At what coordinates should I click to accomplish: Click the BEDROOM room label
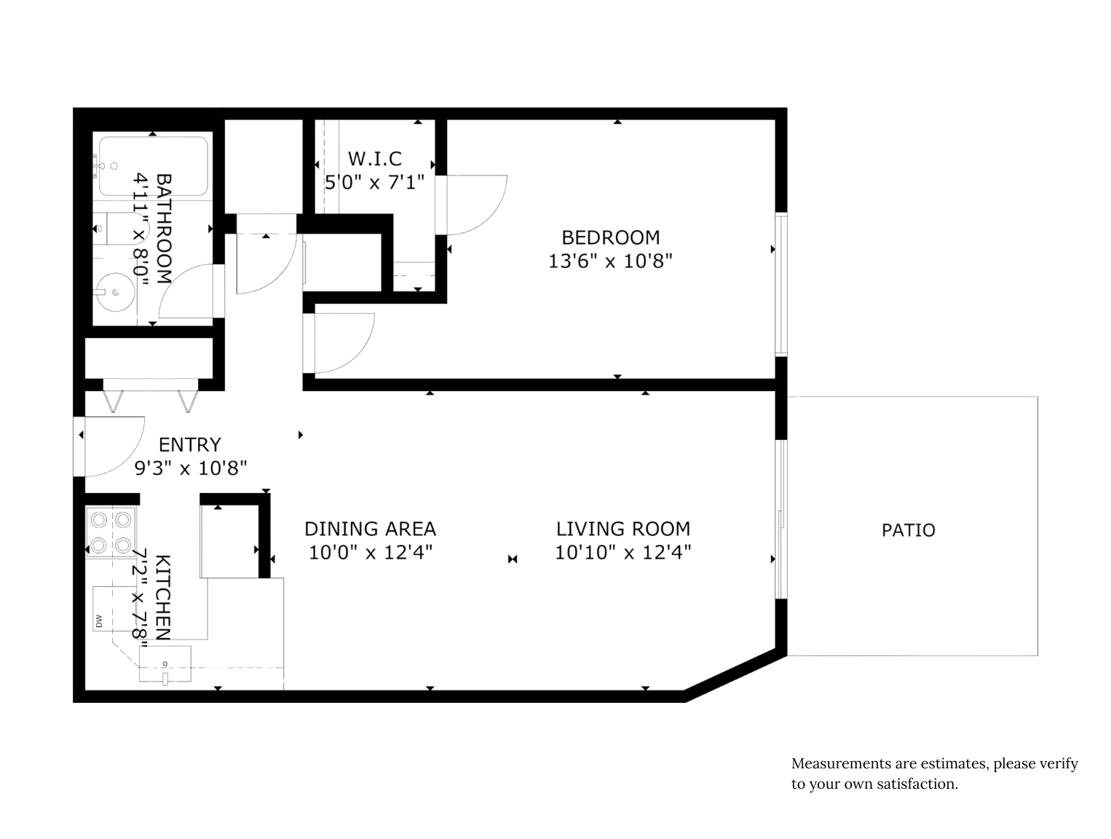(610, 237)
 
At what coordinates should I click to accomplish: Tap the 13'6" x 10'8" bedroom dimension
(610, 261)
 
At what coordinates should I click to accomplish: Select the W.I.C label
(374, 159)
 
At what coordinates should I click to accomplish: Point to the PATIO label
(908, 530)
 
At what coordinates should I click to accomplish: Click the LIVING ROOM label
(623, 529)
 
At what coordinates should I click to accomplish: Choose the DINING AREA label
(370, 529)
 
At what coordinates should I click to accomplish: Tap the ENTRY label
(190, 444)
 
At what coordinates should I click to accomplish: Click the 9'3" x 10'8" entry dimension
(190, 468)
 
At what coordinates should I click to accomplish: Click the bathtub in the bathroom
(154, 166)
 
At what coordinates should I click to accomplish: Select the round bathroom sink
(116, 292)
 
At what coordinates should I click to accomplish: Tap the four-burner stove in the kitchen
(111, 532)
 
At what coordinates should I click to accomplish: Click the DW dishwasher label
(99, 621)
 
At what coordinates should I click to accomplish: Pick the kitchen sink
(165, 663)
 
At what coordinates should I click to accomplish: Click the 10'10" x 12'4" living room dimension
(623, 552)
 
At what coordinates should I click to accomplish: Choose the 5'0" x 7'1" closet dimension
(374, 182)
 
